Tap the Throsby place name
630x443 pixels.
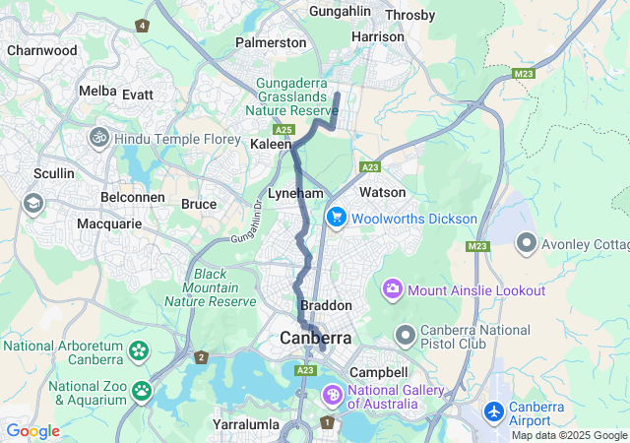[410, 15]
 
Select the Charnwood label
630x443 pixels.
[41, 50]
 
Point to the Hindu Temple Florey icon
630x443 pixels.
[99, 139]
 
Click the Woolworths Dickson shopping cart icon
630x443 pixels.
[336, 218]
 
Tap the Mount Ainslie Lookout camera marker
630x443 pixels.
[394, 289]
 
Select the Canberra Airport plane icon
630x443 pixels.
[495, 410]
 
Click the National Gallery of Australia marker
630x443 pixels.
[333, 396]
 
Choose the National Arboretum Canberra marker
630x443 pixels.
[138, 350]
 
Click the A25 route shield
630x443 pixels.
[285, 129]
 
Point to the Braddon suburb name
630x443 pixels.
[326, 306]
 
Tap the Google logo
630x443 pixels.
[32, 431]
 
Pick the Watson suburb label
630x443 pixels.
[383, 192]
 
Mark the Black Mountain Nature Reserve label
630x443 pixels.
[211, 287]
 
